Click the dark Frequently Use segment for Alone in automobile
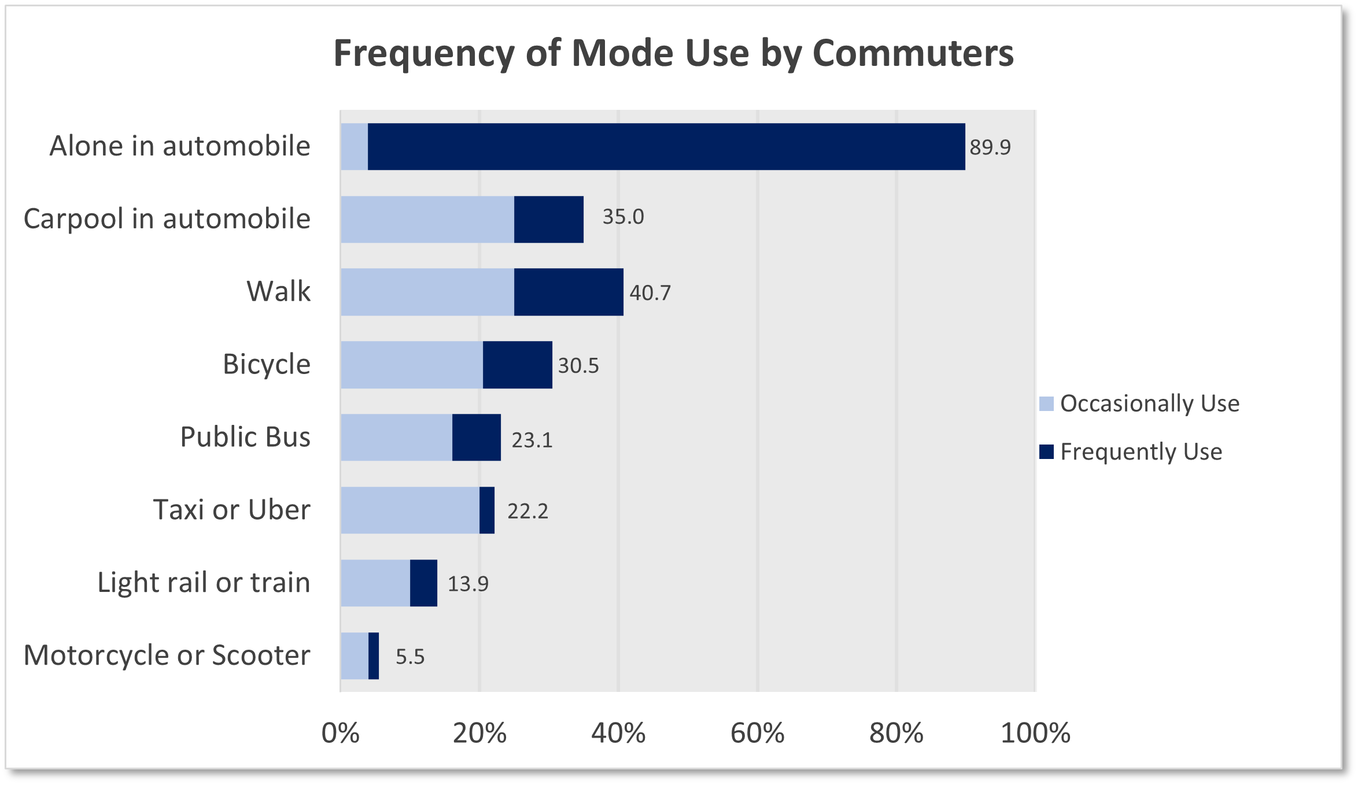(x=665, y=146)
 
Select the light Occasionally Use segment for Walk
(x=427, y=292)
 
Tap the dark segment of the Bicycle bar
(x=517, y=365)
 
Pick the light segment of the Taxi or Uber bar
(x=409, y=510)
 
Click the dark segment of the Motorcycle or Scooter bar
(x=374, y=656)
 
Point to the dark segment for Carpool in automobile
(x=548, y=219)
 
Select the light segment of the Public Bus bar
(x=396, y=437)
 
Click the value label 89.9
(x=990, y=147)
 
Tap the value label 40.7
(x=650, y=293)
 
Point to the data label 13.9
(x=467, y=584)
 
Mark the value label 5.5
(x=409, y=657)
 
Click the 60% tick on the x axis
(x=757, y=734)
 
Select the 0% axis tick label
(x=340, y=734)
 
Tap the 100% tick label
(x=1035, y=734)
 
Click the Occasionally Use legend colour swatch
(x=1046, y=403)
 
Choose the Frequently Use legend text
(x=1141, y=452)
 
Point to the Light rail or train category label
(x=204, y=583)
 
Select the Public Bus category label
(x=245, y=437)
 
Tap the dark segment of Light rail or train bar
(x=423, y=583)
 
